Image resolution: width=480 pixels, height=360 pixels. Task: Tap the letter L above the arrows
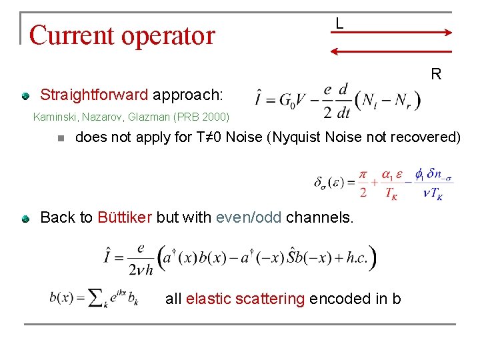[x=339, y=24]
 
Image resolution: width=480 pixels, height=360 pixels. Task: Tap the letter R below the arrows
[x=435, y=74]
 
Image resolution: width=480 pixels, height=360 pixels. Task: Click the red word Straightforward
[x=94, y=94]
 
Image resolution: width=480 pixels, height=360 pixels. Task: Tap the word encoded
[x=339, y=299]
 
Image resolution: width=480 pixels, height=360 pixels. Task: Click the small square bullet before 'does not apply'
[x=60, y=139]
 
